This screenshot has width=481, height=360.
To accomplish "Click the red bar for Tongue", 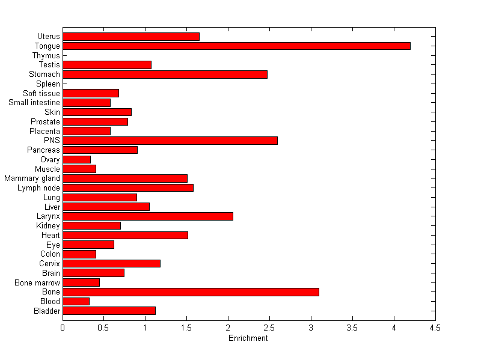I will coord(236,46).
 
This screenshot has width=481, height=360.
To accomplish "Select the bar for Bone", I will coord(191,291).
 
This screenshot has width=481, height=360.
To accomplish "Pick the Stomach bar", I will coord(165,74).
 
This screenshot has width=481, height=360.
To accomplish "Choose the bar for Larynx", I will coord(148,216).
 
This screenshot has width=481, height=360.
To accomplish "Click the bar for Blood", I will coord(76,301).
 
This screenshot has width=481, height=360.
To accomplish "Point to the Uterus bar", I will coord(131,37).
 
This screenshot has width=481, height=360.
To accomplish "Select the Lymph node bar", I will coord(128,188).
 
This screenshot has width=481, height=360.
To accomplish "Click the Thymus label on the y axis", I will coord(46,55).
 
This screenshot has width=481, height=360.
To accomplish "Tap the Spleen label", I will coord(48,84).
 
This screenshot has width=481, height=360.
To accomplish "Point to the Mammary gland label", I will coord(32,178).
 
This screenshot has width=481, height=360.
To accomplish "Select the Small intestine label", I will coord(34,102).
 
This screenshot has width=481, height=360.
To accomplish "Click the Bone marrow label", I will coord(38,282).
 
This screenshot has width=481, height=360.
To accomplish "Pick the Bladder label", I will coord(47,311).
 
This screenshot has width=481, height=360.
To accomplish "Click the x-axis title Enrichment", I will coord(248,338).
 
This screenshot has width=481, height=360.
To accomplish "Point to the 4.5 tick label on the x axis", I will coord(435,328).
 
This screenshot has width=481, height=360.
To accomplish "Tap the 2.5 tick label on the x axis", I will coord(269,328).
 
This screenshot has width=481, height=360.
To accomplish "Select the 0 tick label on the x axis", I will coord(63,328).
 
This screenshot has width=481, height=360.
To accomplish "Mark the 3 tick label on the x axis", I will coord(311,328).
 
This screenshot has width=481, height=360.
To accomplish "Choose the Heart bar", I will coord(125,235).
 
